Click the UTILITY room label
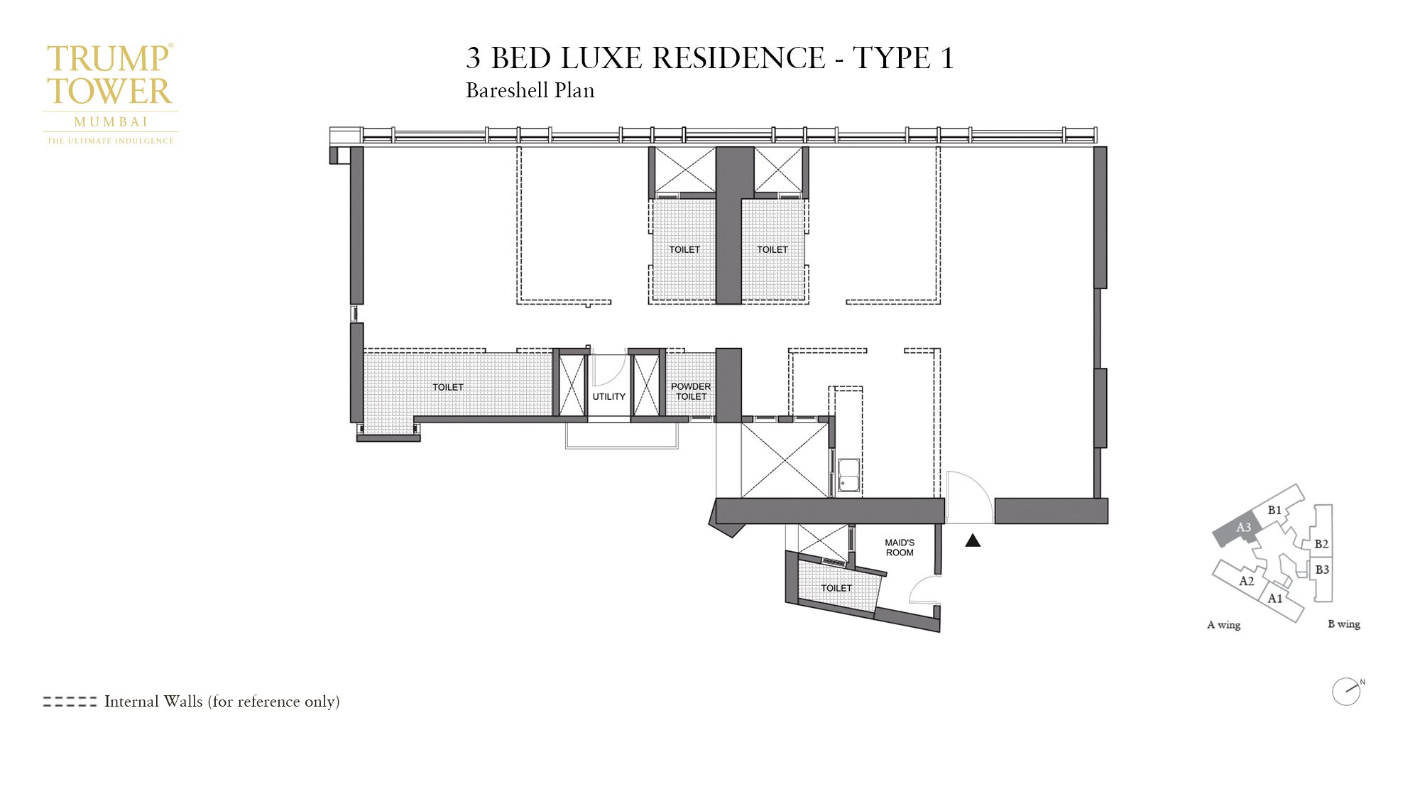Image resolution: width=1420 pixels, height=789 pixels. click(x=608, y=396)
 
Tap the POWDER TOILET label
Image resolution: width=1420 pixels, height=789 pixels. click(x=691, y=391)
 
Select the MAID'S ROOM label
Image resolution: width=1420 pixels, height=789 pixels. click(x=900, y=548)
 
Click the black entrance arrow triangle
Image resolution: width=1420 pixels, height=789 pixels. click(x=973, y=541)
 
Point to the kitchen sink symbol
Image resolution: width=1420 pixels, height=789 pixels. click(x=848, y=475)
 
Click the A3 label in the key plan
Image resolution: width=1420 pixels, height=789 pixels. click(x=1243, y=527)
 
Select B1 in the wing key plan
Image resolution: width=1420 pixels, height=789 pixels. click(x=1274, y=510)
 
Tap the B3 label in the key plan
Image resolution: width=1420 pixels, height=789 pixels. click(x=1322, y=570)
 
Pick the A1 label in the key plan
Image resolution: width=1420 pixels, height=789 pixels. click(x=1275, y=599)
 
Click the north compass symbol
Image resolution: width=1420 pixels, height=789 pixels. click(x=1346, y=692)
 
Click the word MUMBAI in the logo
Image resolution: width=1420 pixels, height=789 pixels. click(x=111, y=122)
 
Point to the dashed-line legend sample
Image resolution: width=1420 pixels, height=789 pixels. click(x=70, y=702)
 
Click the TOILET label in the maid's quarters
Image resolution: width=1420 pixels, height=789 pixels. click(x=836, y=588)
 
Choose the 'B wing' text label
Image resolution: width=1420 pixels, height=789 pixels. click(x=1344, y=624)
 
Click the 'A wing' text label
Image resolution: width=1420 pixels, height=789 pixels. click(x=1224, y=625)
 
